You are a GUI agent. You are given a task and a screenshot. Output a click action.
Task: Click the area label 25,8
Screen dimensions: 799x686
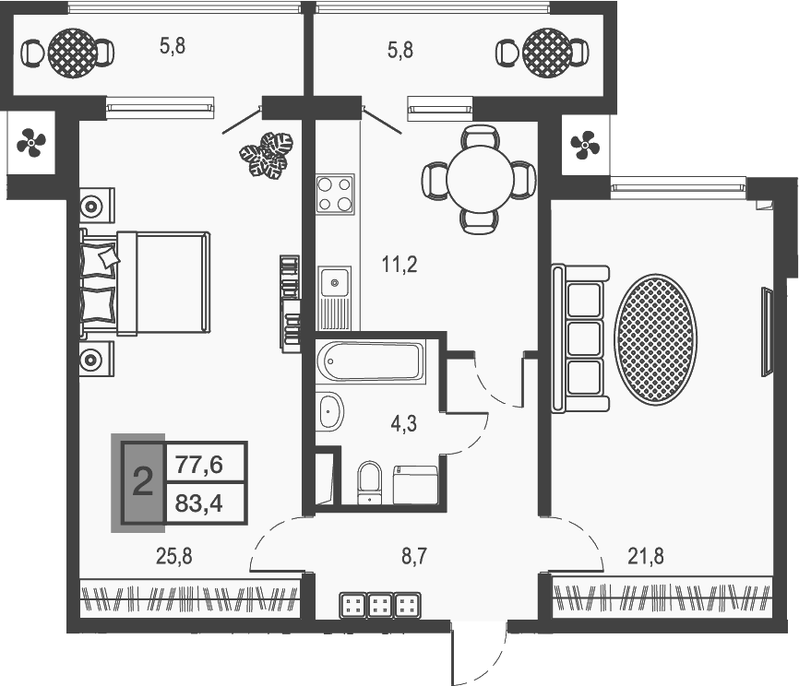[x=173, y=557]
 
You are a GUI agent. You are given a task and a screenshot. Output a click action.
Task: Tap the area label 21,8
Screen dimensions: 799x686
[x=646, y=556]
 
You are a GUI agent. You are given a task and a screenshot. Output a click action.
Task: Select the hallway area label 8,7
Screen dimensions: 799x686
[x=413, y=557]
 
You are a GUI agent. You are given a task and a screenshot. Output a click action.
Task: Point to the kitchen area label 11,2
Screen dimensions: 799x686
[x=399, y=265]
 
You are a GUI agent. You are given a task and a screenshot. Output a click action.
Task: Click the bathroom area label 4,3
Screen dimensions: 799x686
[x=403, y=424]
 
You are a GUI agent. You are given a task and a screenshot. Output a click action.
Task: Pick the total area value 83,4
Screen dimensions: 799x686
[x=198, y=504]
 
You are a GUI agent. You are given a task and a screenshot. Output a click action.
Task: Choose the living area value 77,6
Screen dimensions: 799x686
[x=198, y=465]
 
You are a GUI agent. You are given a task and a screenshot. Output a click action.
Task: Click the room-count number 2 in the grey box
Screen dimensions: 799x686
[x=143, y=482]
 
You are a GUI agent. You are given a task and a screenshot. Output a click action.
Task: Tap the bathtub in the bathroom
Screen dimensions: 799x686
[x=370, y=361]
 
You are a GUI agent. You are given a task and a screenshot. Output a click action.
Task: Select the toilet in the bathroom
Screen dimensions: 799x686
[x=369, y=482]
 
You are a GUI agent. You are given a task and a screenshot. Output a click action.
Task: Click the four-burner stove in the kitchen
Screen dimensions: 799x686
[x=335, y=194]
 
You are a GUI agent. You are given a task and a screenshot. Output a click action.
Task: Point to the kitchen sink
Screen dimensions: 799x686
[x=334, y=298]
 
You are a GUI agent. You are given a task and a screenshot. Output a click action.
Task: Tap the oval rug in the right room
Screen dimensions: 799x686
[x=655, y=339]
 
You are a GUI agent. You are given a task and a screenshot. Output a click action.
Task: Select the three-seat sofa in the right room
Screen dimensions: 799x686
[x=580, y=338]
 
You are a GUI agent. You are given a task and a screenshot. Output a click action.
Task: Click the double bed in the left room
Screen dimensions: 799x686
[x=146, y=284]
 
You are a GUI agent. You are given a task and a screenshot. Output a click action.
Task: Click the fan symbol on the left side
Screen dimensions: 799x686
[x=31, y=143]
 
